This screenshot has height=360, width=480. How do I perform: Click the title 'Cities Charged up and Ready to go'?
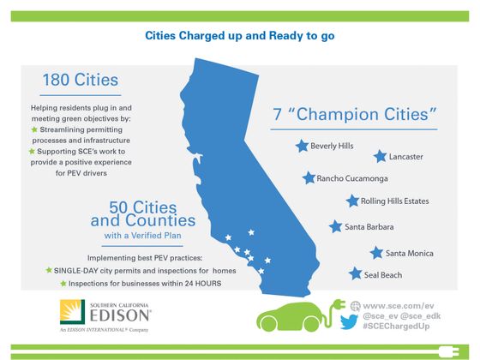[240, 36]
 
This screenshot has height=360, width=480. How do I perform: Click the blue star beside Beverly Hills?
[301, 146]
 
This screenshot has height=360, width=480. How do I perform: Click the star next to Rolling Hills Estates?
[352, 201]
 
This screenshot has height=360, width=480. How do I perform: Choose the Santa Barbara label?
[369, 227]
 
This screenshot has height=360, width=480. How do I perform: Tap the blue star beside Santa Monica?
[375, 253]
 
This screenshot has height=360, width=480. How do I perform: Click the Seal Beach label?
[382, 275]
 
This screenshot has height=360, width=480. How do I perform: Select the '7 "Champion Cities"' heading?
[355, 113]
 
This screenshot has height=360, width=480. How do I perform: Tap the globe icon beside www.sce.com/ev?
[354, 305]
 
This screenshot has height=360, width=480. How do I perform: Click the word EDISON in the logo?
[120, 316]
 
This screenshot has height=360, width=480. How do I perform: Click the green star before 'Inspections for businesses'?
[63, 283]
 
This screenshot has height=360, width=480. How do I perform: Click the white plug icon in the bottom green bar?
[447, 351]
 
